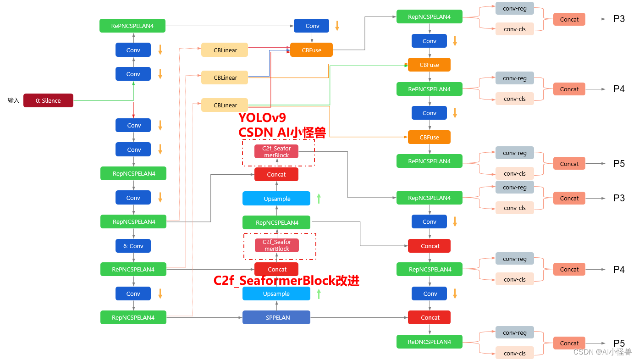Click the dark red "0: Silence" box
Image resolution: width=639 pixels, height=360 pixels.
(x=48, y=100)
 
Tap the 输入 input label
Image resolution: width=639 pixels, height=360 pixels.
(x=14, y=100)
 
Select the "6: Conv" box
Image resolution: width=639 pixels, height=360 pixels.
(x=133, y=246)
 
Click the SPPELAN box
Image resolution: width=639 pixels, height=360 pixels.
(x=276, y=317)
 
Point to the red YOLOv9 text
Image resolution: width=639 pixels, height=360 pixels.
(x=262, y=118)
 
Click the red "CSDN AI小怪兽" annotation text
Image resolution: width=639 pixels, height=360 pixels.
(x=281, y=133)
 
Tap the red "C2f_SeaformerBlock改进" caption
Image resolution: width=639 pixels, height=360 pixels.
(x=286, y=281)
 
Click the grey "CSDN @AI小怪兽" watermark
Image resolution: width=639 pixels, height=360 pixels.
(x=602, y=352)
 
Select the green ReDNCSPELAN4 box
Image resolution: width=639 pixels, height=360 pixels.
(x=429, y=342)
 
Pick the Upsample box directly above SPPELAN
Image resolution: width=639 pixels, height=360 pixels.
(x=276, y=294)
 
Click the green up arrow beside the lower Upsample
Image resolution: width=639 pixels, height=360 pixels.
(x=319, y=294)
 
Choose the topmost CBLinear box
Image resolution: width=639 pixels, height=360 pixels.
(x=225, y=50)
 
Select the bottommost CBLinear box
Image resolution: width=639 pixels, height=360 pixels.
(x=225, y=105)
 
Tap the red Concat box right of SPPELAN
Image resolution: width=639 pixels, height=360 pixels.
(x=430, y=317)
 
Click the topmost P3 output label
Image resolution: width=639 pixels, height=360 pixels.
(x=619, y=19)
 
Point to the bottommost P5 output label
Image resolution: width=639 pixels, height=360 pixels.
(x=619, y=343)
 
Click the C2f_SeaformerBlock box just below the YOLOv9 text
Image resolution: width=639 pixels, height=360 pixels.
(x=276, y=152)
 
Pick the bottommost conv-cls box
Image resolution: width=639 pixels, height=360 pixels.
(x=514, y=353)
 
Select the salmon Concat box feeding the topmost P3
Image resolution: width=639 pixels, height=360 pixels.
(x=569, y=19)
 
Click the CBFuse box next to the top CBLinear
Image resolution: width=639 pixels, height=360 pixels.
(x=311, y=50)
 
